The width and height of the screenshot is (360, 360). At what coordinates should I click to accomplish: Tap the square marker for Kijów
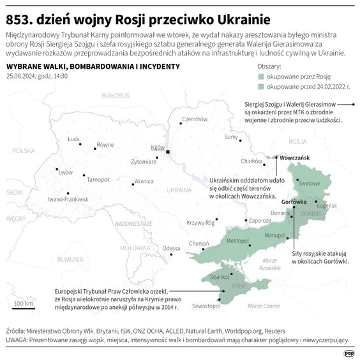coord(168,152)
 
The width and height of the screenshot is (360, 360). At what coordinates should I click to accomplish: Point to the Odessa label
coord(172,248)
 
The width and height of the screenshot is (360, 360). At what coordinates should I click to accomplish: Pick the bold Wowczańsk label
coord(295,157)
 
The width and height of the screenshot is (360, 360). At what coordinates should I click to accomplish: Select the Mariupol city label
coord(275,236)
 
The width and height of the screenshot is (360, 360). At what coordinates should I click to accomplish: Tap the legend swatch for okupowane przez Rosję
coord(260,75)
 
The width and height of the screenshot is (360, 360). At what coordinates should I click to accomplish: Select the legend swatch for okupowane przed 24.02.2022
coord(260,84)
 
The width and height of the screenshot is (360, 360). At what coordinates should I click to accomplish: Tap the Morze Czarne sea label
coord(263,306)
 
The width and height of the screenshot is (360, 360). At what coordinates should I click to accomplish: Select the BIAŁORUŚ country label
coord(105,94)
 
